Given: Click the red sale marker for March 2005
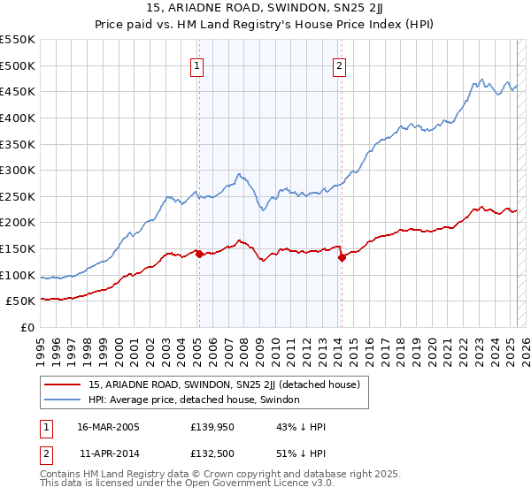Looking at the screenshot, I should pyautogui.click(x=199, y=254).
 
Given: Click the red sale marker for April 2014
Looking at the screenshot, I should pyautogui.click(x=342, y=258).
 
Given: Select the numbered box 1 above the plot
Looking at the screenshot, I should pyautogui.click(x=196, y=65).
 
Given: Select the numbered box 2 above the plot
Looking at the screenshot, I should pyautogui.click(x=340, y=65).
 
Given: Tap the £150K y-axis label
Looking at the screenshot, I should pyautogui.click(x=18, y=248).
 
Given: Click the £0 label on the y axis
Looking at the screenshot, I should pyautogui.click(x=28, y=327).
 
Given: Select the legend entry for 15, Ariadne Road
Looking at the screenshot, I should pyautogui.click(x=223, y=385).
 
